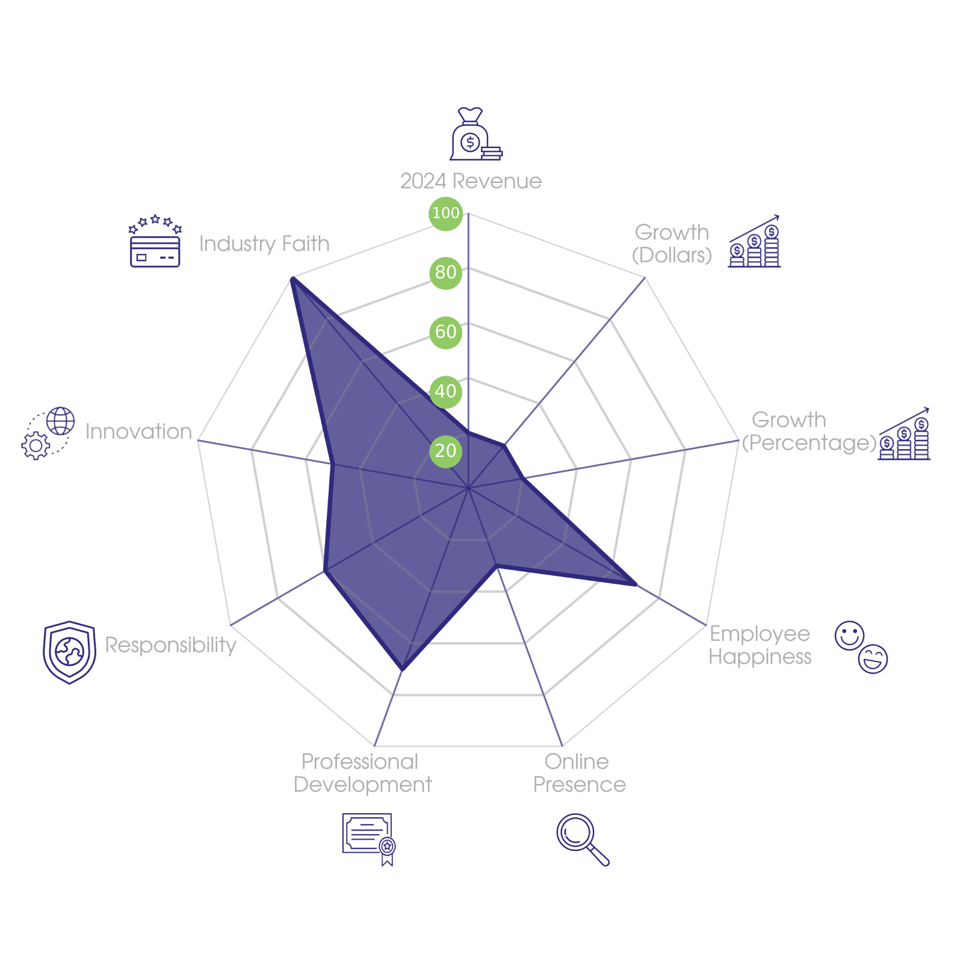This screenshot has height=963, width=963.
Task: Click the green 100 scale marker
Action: (445, 213)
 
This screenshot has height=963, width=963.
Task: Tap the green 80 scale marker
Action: (445, 272)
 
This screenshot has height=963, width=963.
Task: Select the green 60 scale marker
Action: (445, 332)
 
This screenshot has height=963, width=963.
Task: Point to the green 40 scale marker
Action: (445, 391)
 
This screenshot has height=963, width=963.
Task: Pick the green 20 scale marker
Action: (445, 451)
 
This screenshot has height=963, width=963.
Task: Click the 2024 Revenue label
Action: (471, 181)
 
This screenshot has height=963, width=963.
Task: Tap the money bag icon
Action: (475, 135)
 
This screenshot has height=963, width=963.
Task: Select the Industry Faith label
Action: (264, 244)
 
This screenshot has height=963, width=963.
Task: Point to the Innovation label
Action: (138, 432)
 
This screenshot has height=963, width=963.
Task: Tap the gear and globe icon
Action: (48, 433)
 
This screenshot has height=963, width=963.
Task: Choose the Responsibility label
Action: (170, 645)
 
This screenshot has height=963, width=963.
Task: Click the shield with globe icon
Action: (70, 652)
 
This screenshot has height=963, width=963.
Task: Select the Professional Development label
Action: (362, 773)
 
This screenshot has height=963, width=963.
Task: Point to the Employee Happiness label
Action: (760, 645)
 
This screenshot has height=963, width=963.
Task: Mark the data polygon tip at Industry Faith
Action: (291, 277)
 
